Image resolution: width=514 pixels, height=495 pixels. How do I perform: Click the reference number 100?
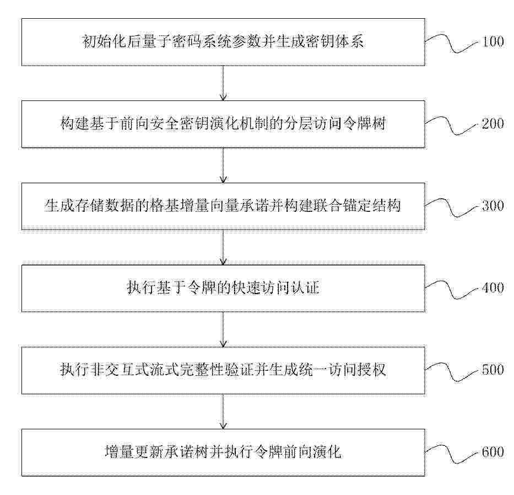493,42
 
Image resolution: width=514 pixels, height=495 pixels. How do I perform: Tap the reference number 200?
493,124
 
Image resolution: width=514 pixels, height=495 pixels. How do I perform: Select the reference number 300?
493,206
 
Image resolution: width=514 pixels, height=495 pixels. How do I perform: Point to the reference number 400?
493,288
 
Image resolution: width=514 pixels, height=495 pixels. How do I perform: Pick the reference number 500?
493,370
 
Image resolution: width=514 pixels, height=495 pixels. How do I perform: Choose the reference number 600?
493,452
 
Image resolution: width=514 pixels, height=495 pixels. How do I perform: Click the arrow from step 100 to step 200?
223,83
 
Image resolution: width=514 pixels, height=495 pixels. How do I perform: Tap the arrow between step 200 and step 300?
223,165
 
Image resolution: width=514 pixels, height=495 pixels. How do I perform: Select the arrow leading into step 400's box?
223,247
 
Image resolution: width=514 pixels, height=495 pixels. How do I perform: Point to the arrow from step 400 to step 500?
223,329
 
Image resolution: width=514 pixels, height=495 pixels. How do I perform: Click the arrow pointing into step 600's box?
223,412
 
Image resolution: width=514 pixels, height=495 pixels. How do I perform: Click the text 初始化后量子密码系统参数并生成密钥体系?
223,42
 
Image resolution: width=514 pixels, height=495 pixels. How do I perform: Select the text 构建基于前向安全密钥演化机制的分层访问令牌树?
223,124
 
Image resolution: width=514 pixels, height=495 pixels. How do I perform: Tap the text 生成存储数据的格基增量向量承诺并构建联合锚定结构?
223,206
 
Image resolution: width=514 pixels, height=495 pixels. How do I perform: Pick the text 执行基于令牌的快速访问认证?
223,288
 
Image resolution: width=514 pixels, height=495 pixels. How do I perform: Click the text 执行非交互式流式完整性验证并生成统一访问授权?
223,370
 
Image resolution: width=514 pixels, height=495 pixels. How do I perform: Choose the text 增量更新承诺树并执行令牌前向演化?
223,452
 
